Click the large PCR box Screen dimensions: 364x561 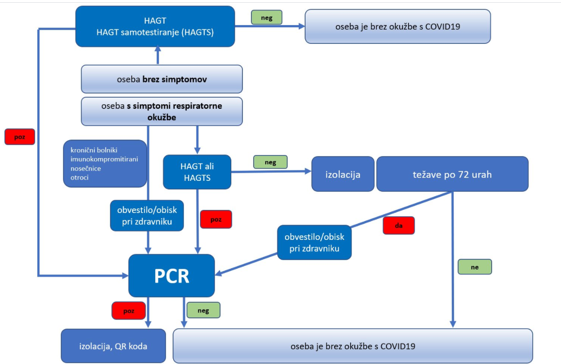[x=171, y=276]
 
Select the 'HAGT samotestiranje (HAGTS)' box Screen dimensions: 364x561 [x=155, y=26]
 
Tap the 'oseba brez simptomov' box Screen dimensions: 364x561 [x=161, y=79]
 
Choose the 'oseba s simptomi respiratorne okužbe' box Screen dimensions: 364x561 [x=161, y=111]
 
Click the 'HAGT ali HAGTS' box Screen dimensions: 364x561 [x=197, y=172]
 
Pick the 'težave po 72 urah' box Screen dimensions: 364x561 [x=452, y=174]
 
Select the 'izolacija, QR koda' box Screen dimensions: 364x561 [x=113, y=346]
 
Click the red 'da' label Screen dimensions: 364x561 [x=399, y=226]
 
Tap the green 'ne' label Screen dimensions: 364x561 [x=475, y=267]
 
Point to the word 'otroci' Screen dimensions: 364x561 [x=80, y=178]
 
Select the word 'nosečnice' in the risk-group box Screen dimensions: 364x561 [x=85, y=168]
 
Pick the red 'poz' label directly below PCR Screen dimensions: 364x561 [x=128, y=311]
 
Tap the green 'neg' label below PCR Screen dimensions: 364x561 [x=203, y=310]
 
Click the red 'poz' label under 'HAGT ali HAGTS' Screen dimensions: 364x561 [x=216, y=219]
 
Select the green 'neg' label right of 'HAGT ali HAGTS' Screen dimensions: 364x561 [x=270, y=162]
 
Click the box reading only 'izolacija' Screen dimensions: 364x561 [x=343, y=174]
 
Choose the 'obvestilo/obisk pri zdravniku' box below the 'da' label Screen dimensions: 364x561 [x=314, y=242]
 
